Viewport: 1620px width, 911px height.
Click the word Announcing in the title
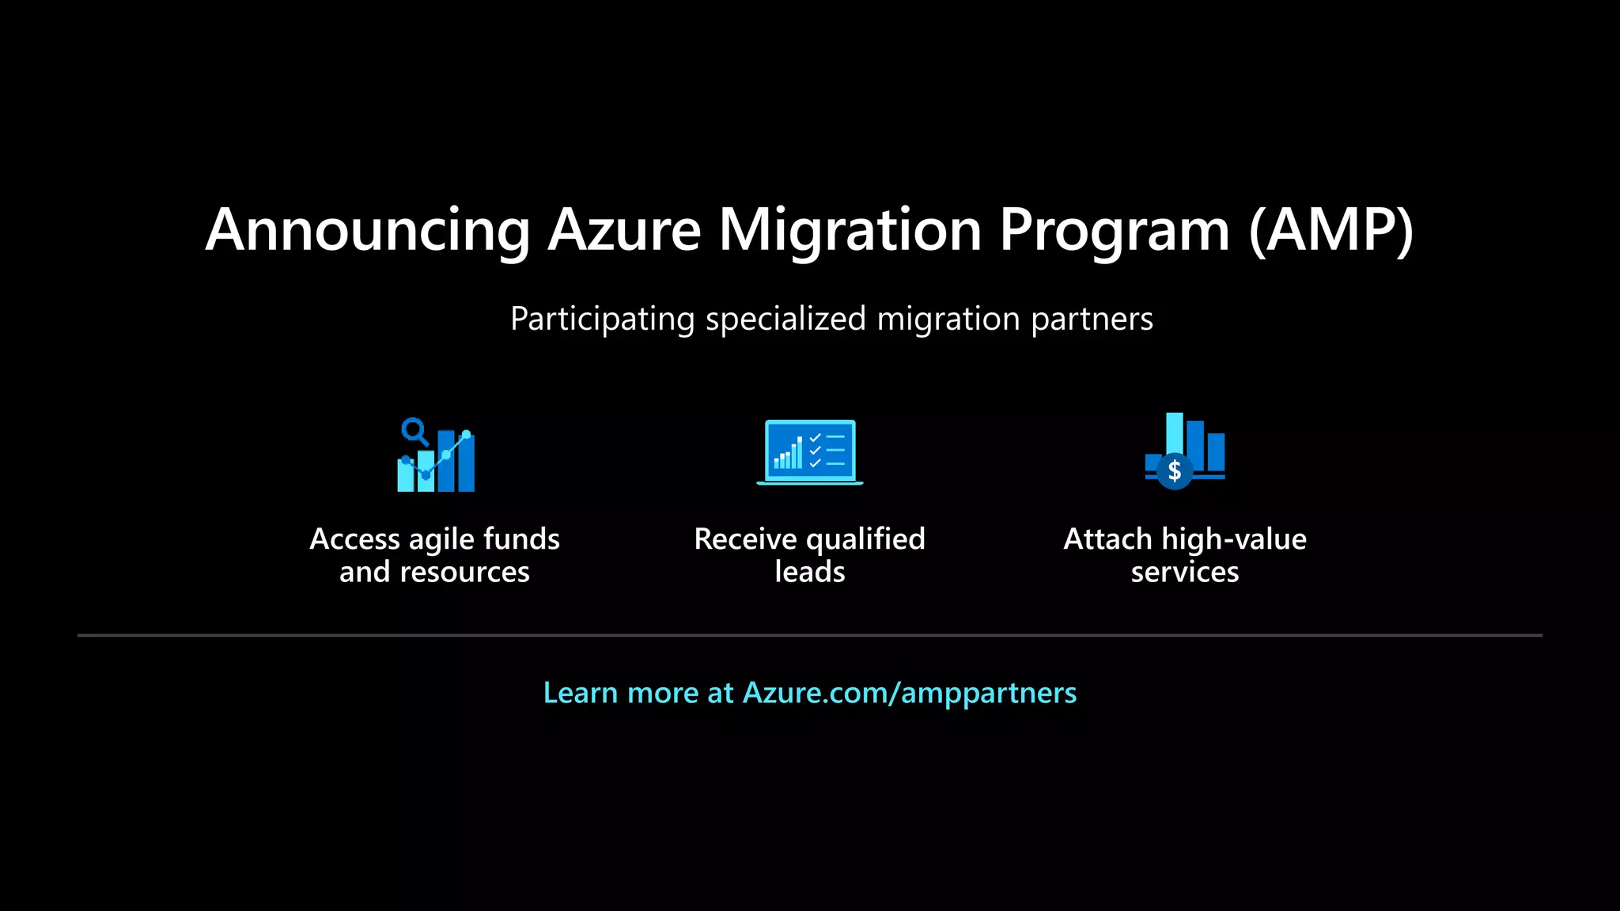pos(368,230)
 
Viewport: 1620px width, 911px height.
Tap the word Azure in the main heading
pos(625,230)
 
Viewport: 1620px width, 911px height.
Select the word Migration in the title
pos(850,230)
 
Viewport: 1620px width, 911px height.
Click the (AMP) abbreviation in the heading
pos(1330,230)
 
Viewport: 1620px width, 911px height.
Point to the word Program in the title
pos(1114,230)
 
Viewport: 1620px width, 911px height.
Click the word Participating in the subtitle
pos(602,319)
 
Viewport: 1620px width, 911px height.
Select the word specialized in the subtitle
pos(785,319)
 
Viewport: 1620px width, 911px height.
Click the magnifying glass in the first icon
pos(413,431)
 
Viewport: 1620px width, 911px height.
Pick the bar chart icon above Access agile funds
pos(437,457)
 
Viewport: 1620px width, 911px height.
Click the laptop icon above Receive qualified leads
pos(809,452)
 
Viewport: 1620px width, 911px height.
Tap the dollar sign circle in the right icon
pos(1175,471)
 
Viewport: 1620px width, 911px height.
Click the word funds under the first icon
pos(521,539)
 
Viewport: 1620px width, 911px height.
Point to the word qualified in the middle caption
pos(865,539)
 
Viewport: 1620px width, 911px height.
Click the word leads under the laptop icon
pos(809,572)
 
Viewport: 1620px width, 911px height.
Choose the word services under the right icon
pos(1184,572)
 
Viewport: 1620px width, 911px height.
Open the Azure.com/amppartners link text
pos(910,693)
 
